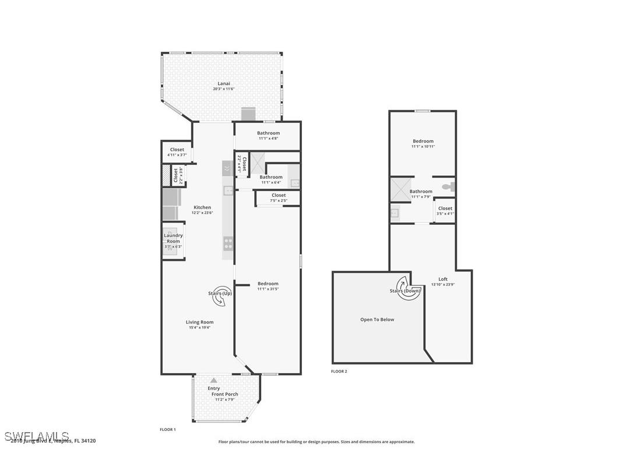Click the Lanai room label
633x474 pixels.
click(224, 83)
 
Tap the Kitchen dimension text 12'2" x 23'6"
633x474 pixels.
click(202, 213)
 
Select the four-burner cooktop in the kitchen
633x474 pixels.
click(228, 243)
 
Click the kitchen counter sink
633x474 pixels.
click(228, 190)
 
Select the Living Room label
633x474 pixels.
click(199, 322)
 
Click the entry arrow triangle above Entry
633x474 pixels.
click(214, 380)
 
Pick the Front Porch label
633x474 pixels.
click(224, 394)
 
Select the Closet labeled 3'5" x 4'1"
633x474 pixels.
click(445, 208)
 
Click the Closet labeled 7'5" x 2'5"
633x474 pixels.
click(279, 196)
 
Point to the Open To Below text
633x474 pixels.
click(377, 319)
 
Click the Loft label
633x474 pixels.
click(443, 279)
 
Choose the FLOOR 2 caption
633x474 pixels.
click(339, 371)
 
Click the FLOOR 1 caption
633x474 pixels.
click(168, 429)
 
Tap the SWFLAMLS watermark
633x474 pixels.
click(37, 436)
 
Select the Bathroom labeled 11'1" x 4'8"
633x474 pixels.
click(268, 133)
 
